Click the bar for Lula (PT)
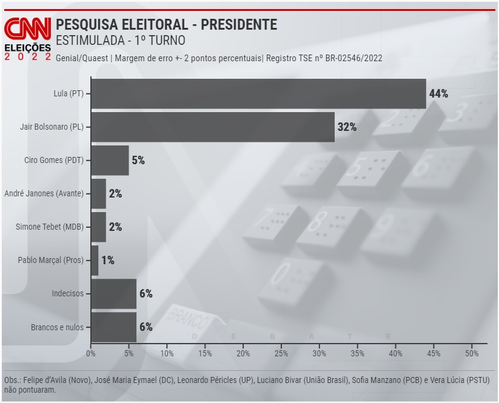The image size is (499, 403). (258, 93)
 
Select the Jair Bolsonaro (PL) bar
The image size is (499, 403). (212, 127)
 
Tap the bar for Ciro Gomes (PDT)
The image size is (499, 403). (110, 160)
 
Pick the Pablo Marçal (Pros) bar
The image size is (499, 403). (95, 260)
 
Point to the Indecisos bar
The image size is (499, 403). (113, 293)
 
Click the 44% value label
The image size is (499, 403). (438, 93)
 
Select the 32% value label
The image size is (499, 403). (347, 127)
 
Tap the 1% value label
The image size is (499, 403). (108, 260)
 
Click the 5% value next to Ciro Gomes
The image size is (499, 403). (138, 160)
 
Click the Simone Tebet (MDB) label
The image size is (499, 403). (50, 227)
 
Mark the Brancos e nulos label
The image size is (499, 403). (57, 327)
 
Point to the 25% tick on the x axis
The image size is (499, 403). (281, 353)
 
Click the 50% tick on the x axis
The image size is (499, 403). (472, 353)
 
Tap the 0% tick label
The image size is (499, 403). (91, 353)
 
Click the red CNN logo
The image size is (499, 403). (28, 29)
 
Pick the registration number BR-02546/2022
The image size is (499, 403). (349, 58)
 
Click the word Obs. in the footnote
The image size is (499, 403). (12, 380)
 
